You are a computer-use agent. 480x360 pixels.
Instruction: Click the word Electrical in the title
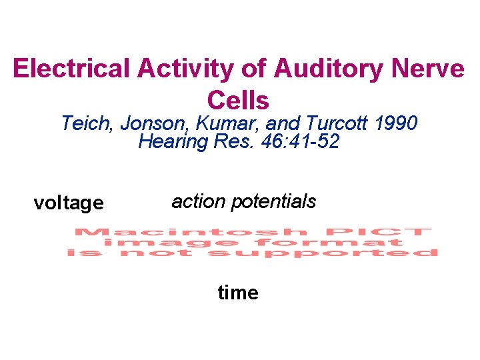(59, 69)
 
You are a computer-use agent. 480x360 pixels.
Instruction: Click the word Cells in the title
(238, 100)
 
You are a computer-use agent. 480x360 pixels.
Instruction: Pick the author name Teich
(85, 123)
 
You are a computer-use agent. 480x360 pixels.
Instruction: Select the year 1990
(397, 123)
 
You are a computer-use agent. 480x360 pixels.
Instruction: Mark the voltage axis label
(69, 203)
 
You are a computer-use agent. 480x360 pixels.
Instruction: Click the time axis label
(238, 293)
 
